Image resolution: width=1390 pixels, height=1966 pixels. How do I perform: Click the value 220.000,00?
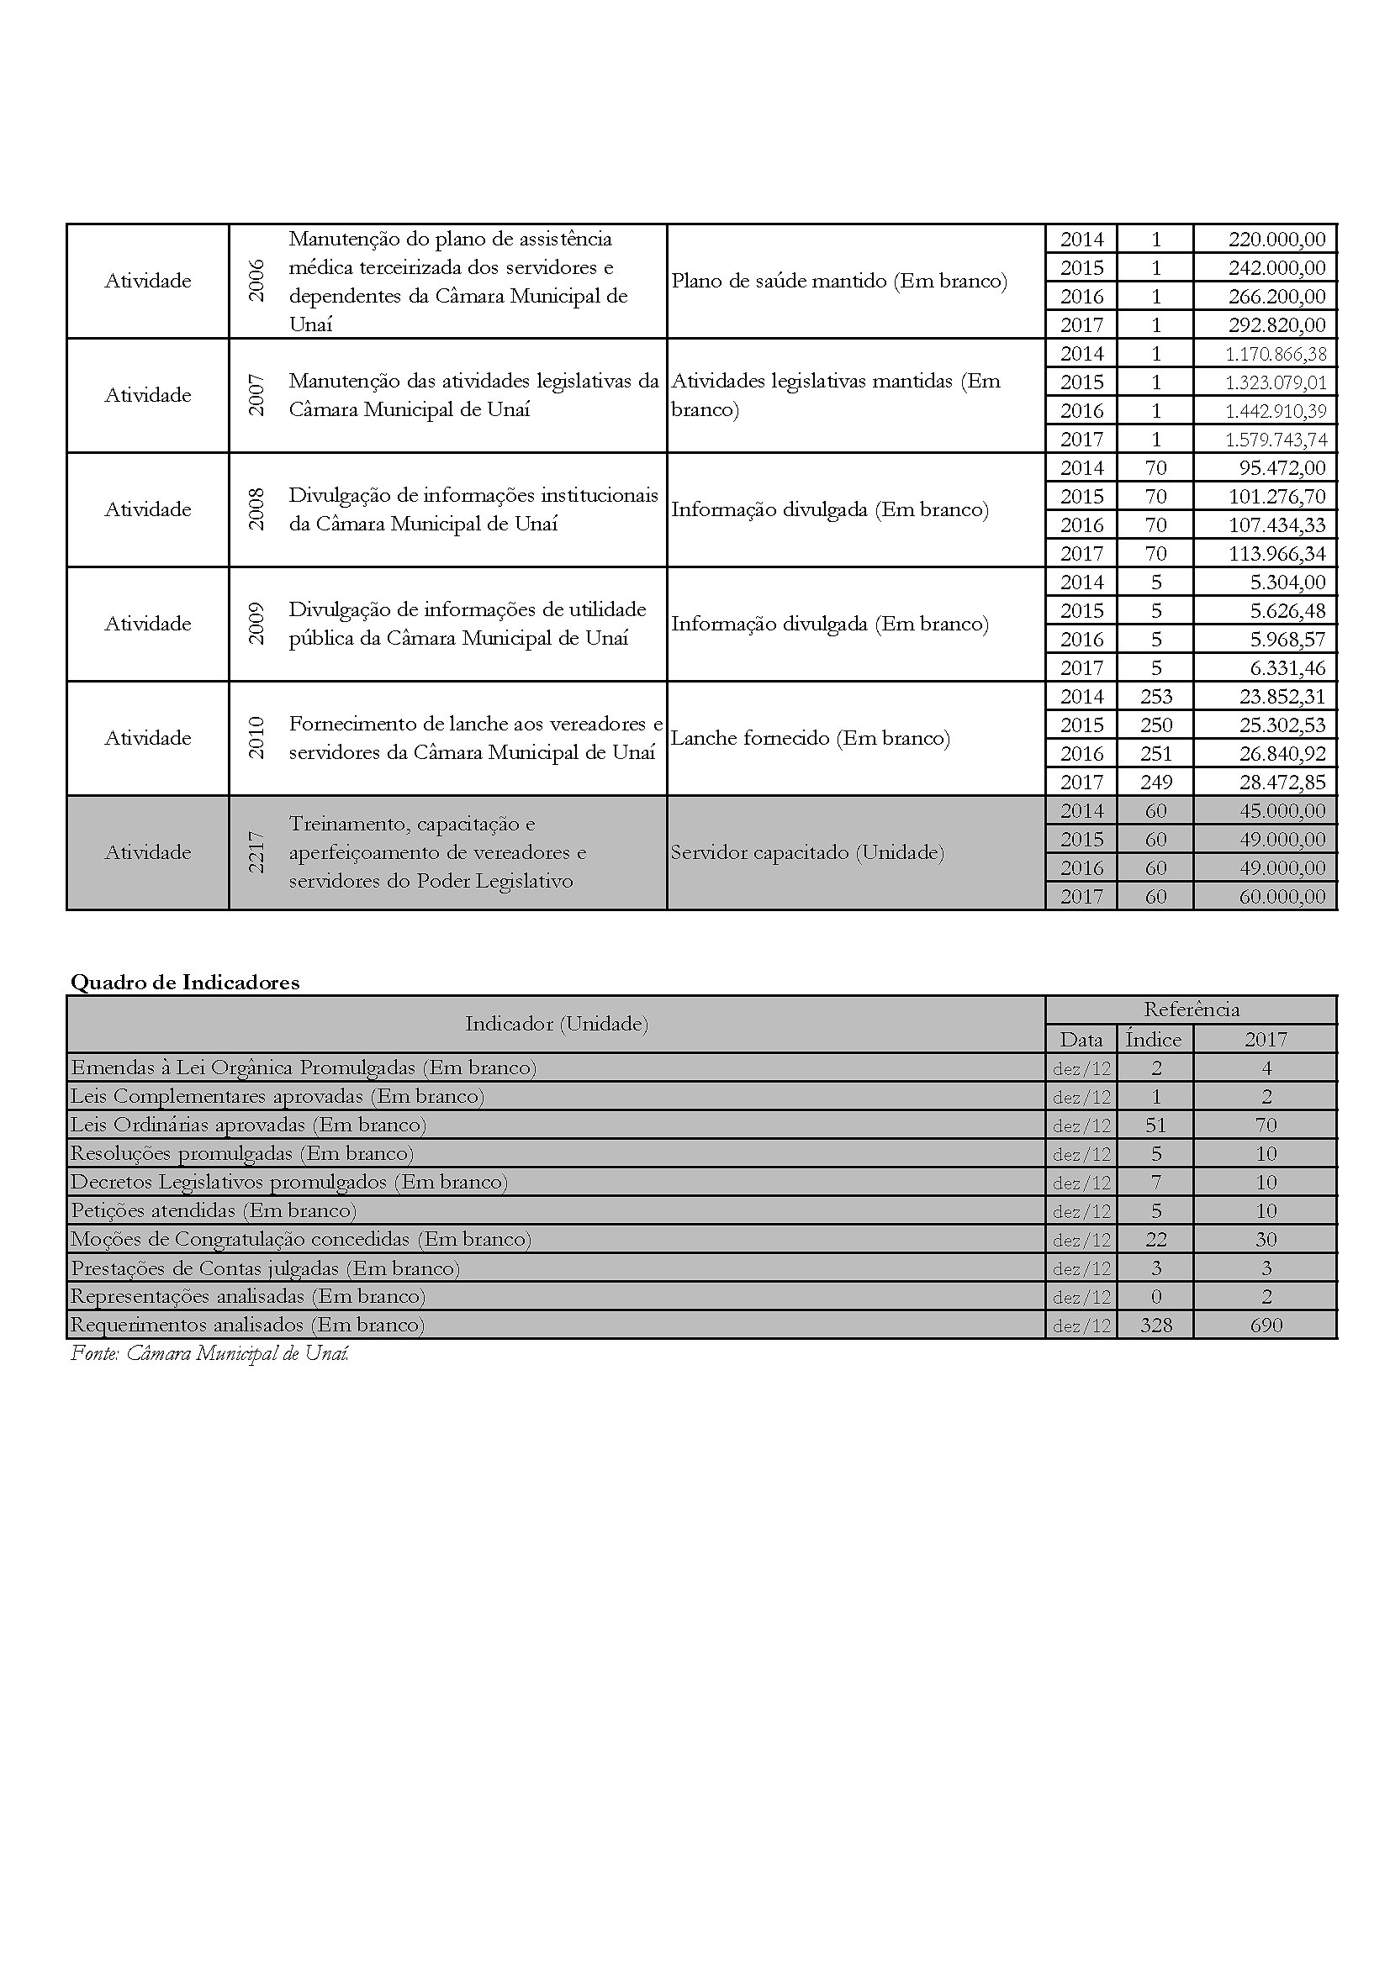click(x=1276, y=239)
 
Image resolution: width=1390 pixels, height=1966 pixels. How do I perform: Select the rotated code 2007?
click(x=256, y=395)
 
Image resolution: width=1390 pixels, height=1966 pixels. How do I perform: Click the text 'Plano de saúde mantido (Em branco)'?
click(x=838, y=281)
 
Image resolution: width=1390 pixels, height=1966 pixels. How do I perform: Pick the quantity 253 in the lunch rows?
click(x=1155, y=697)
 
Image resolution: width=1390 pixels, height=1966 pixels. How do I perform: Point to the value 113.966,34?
click(x=1277, y=554)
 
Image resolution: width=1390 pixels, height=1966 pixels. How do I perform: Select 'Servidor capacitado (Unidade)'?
click(x=806, y=853)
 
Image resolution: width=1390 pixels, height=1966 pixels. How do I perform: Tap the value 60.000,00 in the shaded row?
click(x=1282, y=897)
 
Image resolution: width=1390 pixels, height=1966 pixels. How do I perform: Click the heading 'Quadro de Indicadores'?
click(x=185, y=982)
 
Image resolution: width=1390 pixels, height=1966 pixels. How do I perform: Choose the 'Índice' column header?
click(x=1154, y=1040)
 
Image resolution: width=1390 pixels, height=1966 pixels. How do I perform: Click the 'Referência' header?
click(x=1191, y=1009)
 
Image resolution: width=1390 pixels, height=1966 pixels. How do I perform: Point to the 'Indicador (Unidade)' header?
click(x=556, y=1024)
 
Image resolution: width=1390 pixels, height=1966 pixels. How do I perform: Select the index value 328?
click(x=1155, y=1326)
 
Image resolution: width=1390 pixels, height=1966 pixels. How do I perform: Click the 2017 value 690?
click(x=1265, y=1326)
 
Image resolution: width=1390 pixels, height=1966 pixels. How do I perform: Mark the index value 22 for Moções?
click(x=1155, y=1240)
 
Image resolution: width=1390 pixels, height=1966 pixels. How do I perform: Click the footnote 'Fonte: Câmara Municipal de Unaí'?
click(x=209, y=1354)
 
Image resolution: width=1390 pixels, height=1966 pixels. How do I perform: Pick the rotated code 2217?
click(x=256, y=853)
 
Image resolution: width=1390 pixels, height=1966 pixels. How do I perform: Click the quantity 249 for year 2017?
click(x=1155, y=783)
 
